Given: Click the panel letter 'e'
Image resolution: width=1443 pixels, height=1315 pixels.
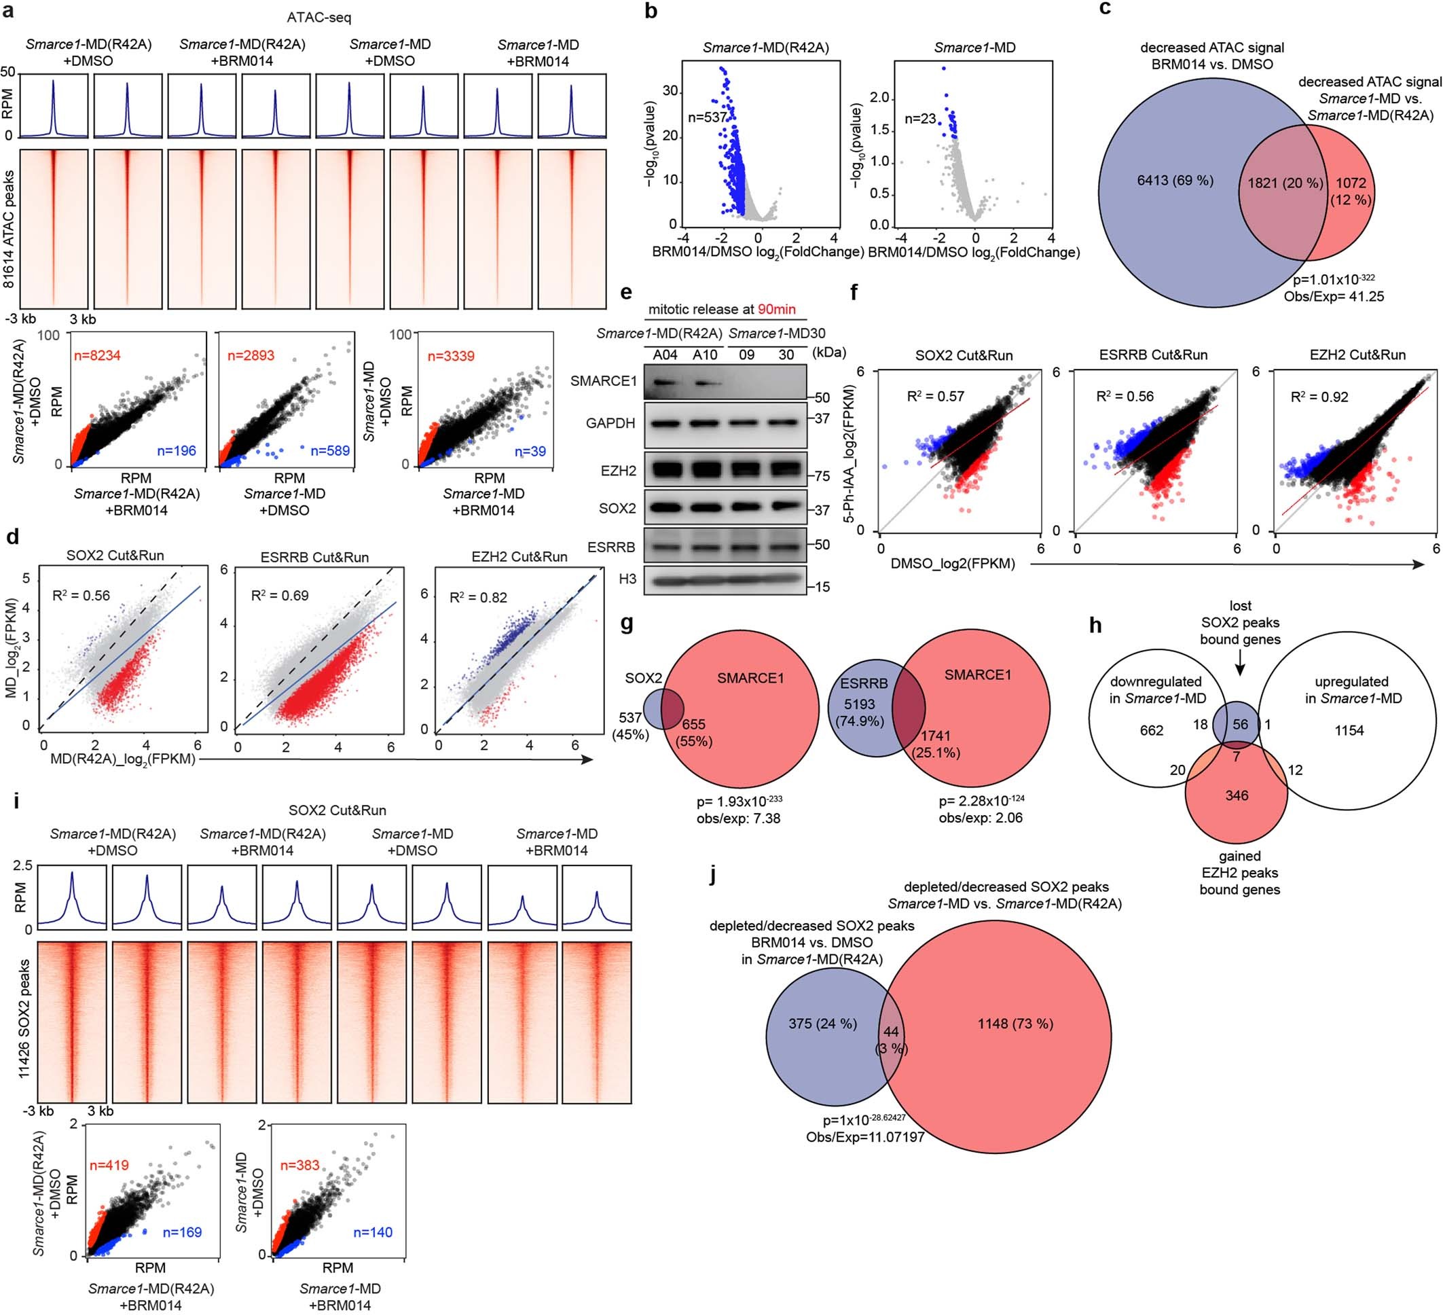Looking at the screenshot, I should point(626,293).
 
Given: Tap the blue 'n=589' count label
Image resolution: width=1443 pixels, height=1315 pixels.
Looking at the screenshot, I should point(329,450).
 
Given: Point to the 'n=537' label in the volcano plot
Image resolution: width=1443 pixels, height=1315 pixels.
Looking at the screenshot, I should point(707,118).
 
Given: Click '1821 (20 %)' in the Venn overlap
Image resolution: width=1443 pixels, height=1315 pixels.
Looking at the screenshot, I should point(1285,183).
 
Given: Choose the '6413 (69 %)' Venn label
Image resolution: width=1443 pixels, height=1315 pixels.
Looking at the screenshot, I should point(1175,181).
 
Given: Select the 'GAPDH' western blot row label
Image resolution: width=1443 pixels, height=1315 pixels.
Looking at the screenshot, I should point(610,423).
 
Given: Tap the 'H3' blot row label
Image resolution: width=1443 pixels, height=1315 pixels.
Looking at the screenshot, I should point(627,579).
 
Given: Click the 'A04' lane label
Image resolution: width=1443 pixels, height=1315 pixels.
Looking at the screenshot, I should point(665,355).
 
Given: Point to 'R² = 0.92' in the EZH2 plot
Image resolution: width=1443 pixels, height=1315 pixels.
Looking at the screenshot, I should point(1319,397).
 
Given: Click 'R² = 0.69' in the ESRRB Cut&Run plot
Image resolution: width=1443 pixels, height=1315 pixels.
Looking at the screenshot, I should point(279,596).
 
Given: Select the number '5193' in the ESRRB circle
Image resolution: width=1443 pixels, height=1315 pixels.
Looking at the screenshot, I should point(859,704).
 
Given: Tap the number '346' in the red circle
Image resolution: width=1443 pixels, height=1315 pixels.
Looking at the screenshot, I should point(1236,795).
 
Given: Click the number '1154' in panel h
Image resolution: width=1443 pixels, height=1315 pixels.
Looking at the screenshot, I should point(1349,731).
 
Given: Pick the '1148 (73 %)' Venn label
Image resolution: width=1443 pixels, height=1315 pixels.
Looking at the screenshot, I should point(1015,1024).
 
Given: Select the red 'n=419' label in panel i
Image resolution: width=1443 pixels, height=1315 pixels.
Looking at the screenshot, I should point(109,1166).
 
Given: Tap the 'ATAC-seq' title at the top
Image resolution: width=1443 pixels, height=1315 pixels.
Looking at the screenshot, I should point(318,17).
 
